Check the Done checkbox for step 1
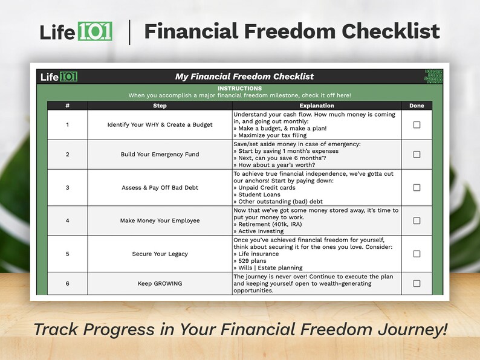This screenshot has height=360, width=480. [x=417, y=125]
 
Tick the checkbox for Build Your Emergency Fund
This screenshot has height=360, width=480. [x=417, y=155]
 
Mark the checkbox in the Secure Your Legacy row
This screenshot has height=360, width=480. [x=417, y=254]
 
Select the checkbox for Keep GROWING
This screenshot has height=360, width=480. [x=417, y=283]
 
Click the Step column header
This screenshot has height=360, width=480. [x=160, y=106]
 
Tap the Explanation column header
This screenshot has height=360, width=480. [x=316, y=106]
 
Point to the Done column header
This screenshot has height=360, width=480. [x=417, y=106]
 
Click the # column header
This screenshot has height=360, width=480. [x=67, y=106]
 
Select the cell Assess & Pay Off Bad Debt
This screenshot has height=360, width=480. [x=160, y=188]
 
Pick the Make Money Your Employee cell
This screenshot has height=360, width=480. [x=160, y=220]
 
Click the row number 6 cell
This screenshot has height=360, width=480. [x=67, y=283]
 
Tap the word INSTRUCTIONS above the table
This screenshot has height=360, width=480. [x=239, y=89]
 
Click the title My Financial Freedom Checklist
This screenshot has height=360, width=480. [x=244, y=77]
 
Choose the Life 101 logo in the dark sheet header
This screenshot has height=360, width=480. [x=59, y=77]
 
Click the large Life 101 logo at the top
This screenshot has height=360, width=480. [x=76, y=31]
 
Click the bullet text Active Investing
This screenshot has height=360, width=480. [x=261, y=231]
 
